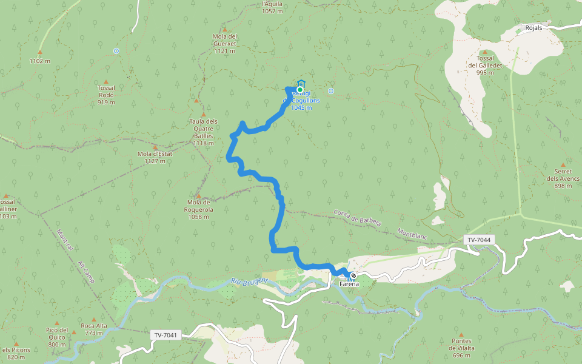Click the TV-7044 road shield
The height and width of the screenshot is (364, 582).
pyautogui.click(x=479, y=240)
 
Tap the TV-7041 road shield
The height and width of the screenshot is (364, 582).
pyautogui.click(x=166, y=335)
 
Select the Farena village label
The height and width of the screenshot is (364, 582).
pyautogui.click(x=349, y=283)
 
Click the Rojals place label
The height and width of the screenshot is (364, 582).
pyautogui.click(x=533, y=28)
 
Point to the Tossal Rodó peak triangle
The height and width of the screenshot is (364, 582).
pyautogui.click(x=106, y=81)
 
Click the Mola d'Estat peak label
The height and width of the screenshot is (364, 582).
pyautogui.click(x=155, y=157)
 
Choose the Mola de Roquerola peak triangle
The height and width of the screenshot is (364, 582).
pyautogui.click(x=199, y=195)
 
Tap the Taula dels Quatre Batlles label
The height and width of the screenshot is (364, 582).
pyautogui.click(x=203, y=132)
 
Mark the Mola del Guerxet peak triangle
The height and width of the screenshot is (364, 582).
pyautogui.click(x=224, y=29)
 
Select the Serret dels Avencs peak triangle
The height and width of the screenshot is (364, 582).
pyautogui.click(x=563, y=164)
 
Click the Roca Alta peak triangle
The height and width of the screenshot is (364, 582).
pyautogui.click(x=94, y=319)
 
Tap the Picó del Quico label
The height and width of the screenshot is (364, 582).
pyautogui.click(x=56, y=337)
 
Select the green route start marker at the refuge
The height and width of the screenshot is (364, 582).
pyautogui.click(x=299, y=90)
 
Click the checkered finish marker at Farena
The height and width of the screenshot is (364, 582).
pyautogui.click(x=353, y=275)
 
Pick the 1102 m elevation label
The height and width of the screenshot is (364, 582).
pyautogui.click(x=39, y=61)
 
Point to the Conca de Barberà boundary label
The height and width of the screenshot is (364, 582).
pyautogui.click(x=358, y=218)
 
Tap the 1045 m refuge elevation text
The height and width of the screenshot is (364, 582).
pyautogui.click(x=301, y=107)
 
